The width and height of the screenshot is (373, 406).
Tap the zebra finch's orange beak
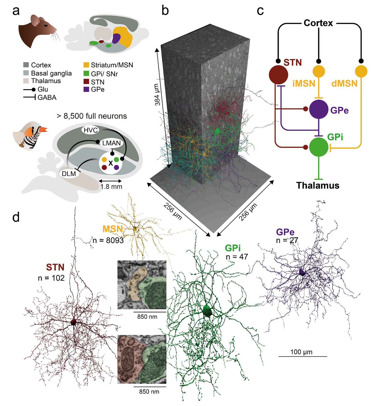coord(44,129)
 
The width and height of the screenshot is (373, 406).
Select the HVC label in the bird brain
coord(91,130)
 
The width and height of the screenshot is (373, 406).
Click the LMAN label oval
coord(111,143)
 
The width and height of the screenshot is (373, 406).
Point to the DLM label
coord(69,174)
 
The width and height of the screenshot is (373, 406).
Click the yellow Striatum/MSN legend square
coord(86,65)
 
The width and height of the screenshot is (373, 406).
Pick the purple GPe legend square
coord(86,89)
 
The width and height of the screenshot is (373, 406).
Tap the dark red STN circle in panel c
coord(278,75)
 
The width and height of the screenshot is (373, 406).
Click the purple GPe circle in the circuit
coord(318,109)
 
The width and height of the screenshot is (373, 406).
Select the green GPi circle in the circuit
coord(318,147)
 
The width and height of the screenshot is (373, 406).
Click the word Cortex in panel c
coord(318,23)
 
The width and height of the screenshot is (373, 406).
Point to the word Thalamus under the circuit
coord(318,185)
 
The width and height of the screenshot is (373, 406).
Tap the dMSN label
coord(344,83)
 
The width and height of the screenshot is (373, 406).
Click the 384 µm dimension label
coord(158,95)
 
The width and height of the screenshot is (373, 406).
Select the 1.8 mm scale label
coord(111,186)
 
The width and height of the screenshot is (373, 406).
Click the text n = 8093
coord(108,240)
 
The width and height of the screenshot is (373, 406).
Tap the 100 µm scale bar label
coord(301,352)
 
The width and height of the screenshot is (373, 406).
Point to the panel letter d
coord(16,217)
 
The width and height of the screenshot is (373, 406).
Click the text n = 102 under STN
coord(51,278)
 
